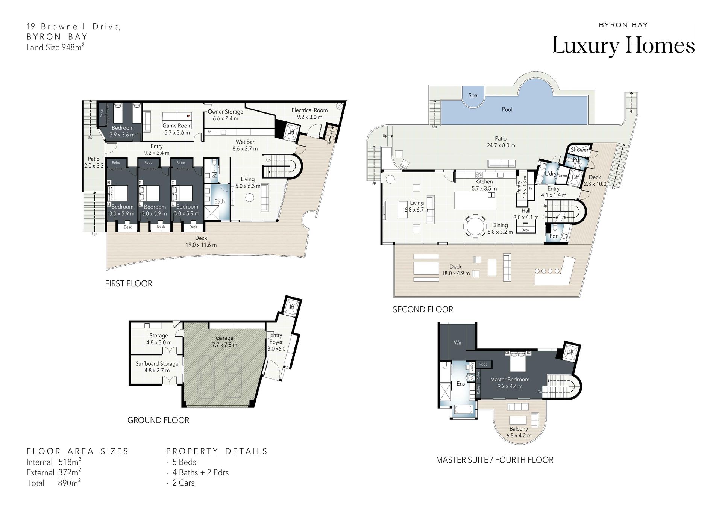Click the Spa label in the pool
click(x=473, y=95)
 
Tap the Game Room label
click(x=177, y=126)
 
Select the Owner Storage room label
click(x=226, y=112)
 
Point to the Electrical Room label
click(x=309, y=110)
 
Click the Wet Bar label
click(x=245, y=142)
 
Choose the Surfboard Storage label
click(x=157, y=364)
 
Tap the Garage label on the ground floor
click(x=224, y=338)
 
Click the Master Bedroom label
click(x=510, y=380)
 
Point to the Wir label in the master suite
click(x=458, y=342)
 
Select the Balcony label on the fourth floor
click(x=519, y=429)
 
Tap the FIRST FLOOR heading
click(x=129, y=284)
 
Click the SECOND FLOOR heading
click(x=423, y=310)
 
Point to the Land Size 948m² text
click(x=55, y=47)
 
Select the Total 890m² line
click(x=54, y=483)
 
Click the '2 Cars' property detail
click(x=184, y=483)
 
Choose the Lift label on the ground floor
click(x=291, y=307)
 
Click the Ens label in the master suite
click(x=461, y=384)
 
